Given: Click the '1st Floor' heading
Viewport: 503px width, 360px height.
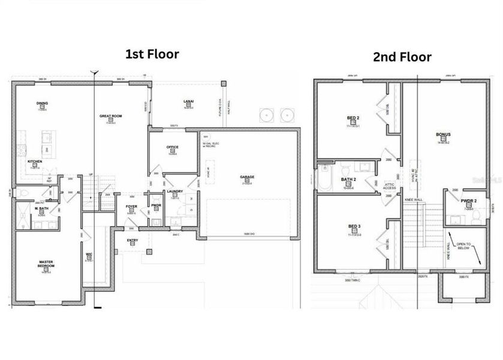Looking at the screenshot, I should [x=152, y=54].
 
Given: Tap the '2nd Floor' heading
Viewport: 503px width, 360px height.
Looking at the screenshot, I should [x=402, y=57].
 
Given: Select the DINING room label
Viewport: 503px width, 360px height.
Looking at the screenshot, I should [x=42, y=103].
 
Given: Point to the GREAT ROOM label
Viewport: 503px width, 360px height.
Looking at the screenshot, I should [x=111, y=116].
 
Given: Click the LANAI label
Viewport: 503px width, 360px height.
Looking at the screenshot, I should [x=188, y=101].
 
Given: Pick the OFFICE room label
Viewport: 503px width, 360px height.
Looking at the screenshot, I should [x=173, y=147].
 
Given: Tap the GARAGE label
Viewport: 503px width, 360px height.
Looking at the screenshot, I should [x=247, y=177].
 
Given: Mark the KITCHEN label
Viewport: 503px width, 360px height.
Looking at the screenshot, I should [x=35, y=161].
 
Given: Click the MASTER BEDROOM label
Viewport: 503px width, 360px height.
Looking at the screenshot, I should [x=46, y=263].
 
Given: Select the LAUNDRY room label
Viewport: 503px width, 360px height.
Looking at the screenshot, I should [x=175, y=191].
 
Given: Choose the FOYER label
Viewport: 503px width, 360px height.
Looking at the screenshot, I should [x=131, y=206].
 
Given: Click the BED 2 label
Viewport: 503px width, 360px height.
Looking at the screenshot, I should [x=354, y=118].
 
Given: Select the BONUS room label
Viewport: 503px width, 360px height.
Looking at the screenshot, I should [x=444, y=134].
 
